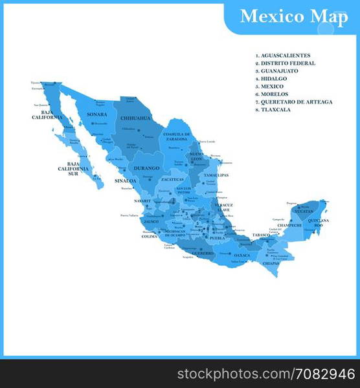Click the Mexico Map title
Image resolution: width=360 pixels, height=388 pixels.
293,16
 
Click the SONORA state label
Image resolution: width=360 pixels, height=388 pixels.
96,114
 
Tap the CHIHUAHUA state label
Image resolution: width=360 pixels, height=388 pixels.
135,118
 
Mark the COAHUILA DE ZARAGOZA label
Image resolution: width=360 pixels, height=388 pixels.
177,136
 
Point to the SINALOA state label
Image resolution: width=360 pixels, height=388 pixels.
126,181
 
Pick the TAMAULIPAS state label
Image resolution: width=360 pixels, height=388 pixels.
216,175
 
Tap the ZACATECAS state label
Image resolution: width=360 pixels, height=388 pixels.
173,179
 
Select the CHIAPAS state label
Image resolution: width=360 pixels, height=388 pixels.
271,263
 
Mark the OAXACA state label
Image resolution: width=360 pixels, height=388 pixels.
242,255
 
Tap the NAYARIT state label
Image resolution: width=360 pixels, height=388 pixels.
142,201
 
